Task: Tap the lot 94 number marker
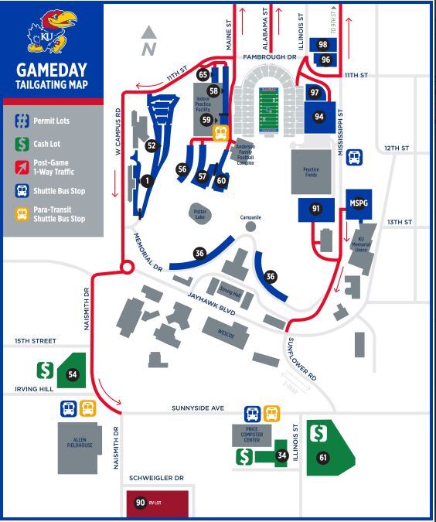click(318, 116)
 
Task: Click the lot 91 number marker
click(315, 209)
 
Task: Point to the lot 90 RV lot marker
click(140, 503)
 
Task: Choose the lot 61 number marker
click(323, 458)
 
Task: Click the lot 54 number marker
click(73, 374)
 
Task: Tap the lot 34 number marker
click(282, 455)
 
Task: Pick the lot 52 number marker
click(152, 145)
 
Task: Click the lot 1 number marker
click(145, 181)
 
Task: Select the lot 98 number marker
click(323, 45)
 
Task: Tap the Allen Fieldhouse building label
click(78, 440)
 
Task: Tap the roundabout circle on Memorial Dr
click(127, 268)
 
